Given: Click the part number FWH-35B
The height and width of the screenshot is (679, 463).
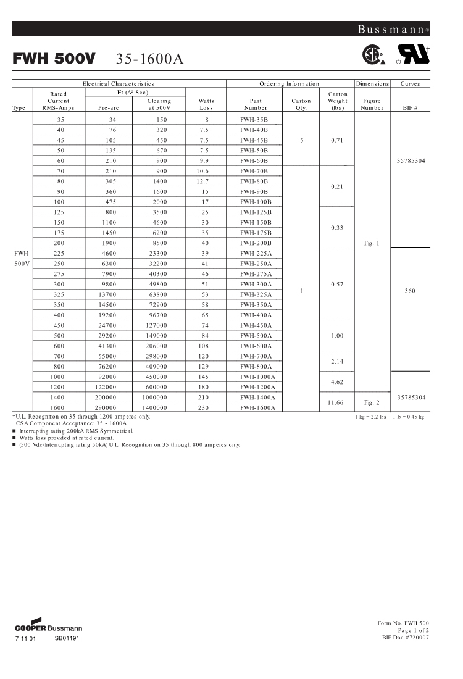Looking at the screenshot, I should [x=254, y=119].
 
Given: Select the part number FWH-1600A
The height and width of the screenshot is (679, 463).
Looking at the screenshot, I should [x=257, y=407].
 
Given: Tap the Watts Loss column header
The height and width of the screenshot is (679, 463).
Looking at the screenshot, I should [x=207, y=104].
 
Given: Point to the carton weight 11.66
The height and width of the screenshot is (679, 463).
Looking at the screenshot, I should [x=337, y=402].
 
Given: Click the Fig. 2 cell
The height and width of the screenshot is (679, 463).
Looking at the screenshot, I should [x=372, y=402].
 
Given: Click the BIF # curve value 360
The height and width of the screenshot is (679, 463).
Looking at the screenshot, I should [x=410, y=290].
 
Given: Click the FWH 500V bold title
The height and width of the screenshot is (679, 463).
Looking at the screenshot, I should [x=54, y=59].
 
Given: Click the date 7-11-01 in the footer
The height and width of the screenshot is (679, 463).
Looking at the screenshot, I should [x=26, y=638].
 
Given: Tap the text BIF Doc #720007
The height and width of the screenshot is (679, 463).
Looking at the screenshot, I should [x=406, y=638].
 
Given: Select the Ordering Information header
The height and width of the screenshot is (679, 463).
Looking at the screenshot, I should [x=289, y=83].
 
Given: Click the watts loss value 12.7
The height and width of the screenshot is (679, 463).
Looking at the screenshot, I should [x=207, y=181].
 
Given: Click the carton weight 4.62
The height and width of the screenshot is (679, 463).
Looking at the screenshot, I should [x=337, y=381].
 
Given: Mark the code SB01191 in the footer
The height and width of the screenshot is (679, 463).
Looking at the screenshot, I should [x=67, y=638].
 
